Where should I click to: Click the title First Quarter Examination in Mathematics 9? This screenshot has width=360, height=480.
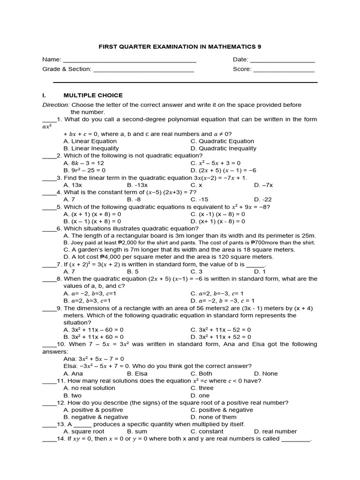tap(180, 47)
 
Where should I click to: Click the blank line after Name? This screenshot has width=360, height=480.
tap(129, 62)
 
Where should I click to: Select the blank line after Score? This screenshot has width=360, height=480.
tap(284, 71)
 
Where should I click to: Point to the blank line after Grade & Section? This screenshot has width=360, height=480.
tap(143, 71)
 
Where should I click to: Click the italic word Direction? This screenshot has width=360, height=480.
tap(56, 105)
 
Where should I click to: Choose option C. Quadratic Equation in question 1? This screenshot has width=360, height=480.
tap(222, 141)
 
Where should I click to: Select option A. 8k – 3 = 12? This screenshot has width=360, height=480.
tap(84, 163)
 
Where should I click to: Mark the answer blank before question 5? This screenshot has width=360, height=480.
tap(49, 207)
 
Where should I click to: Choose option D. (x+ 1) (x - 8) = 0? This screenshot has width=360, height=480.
tap(218, 221)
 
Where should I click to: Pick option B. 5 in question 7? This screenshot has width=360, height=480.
tap(133, 271)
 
